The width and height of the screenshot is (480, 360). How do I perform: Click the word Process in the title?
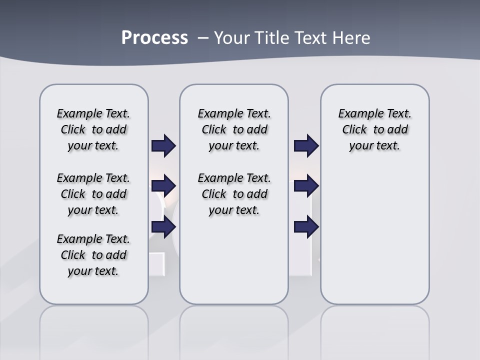[x=154, y=38]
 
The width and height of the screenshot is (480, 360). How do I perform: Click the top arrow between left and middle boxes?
[x=163, y=146]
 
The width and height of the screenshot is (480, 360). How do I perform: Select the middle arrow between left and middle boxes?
[x=163, y=186]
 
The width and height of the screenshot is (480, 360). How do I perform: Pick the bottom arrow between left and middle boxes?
[x=163, y=227]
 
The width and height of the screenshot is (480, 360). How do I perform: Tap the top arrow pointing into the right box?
[x=306, y=146]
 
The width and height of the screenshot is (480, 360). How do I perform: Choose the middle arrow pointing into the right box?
[x=306, y=186]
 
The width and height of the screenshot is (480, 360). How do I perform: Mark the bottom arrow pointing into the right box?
[x=306, y=227]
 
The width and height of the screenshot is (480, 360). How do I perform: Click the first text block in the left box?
[x=93, y=129]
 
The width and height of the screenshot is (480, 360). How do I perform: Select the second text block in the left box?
[x=93, y=194]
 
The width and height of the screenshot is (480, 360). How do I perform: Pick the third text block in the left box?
[x=93, y=255]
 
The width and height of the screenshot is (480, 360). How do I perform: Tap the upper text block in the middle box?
[x=234, y=129]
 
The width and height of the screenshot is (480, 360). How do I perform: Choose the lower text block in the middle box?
[x=234, y=194]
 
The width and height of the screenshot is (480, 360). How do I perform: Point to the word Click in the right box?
[x=354, y=130]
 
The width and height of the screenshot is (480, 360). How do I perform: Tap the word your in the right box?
[x=360, y=146]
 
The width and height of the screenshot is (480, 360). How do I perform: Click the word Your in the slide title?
[x=232, y=38]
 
